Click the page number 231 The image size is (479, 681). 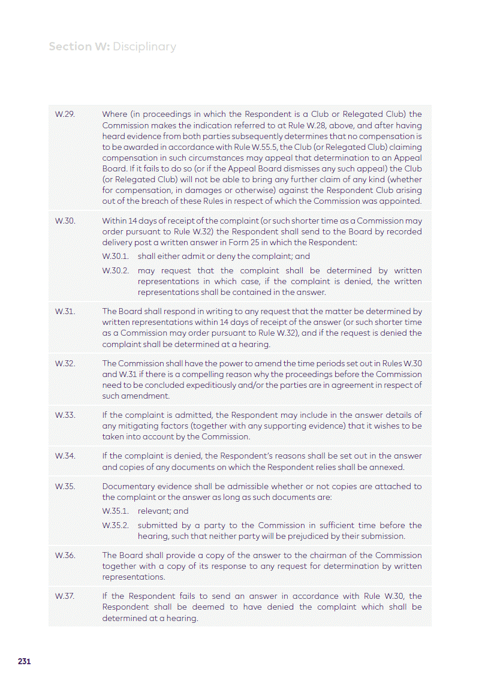click(x=24, y=662)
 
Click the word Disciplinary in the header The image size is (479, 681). click(x=144, y=47)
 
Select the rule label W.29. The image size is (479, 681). click(x=64, y=114)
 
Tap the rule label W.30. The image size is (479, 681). click(x=65, y=221)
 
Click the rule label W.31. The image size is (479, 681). click(x=64, y=311)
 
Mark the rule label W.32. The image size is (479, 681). click(x=65, y=363)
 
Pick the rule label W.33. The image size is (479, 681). click(x=65, y=415)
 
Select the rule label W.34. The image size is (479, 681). click(x=65, y=456)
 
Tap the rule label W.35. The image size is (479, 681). click(x=65, y=486)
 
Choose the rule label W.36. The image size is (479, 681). click(x=65, y=555)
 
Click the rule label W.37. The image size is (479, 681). click(x=64, y=596)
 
